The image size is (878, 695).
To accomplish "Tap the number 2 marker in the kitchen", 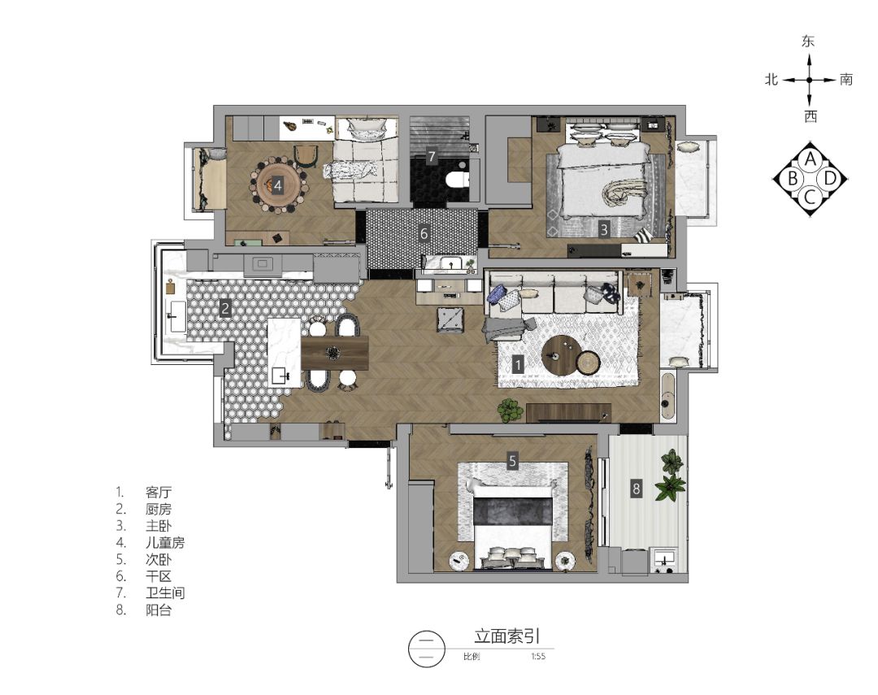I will point(225,308).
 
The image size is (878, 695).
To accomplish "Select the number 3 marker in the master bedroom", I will point(604,230).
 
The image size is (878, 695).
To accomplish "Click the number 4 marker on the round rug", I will point(277,185).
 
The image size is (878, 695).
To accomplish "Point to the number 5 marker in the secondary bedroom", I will point(512,461).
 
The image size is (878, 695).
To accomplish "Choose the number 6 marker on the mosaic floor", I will point(424,233).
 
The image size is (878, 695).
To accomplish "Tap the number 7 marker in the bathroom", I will point(432,156).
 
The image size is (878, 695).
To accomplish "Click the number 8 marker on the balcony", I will point(637,489).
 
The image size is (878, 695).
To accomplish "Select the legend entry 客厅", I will point(159,493).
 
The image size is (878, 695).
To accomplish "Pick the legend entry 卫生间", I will point(165,593).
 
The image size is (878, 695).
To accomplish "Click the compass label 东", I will point(808,42).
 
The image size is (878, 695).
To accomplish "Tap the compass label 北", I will point(772,80).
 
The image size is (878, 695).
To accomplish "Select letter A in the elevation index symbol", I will point(810,159).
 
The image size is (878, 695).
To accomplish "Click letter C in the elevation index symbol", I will point(810,196).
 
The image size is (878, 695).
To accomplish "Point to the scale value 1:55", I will point(537,657).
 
